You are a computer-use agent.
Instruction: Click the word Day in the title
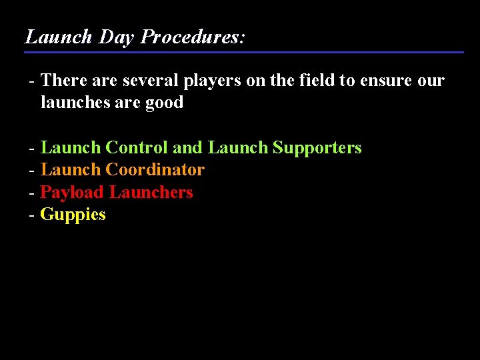[x=117, y=37]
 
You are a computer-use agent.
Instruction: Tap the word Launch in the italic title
[x=59, y=37]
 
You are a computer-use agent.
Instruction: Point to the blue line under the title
[x=244, y=52]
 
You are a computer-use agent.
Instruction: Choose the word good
[x=164, y=103]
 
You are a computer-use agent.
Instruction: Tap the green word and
[x=188, y=147]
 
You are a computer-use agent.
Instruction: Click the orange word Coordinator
[x=155, y=169]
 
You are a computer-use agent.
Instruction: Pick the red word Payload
[x=72, y=192]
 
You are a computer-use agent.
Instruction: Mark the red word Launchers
[x=151, y=192]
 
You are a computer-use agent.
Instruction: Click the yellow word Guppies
[x=73, y=215]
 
